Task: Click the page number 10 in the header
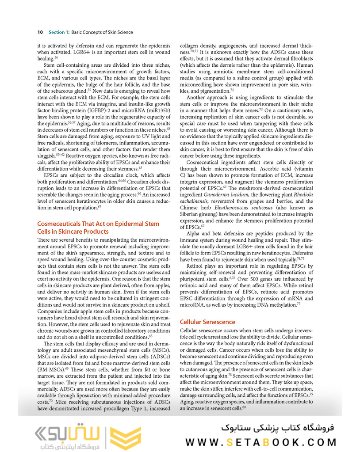click(x=40, y=32)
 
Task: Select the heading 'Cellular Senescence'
click(x=207, y=322)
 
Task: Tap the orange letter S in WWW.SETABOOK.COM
click(x=228, y=442)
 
